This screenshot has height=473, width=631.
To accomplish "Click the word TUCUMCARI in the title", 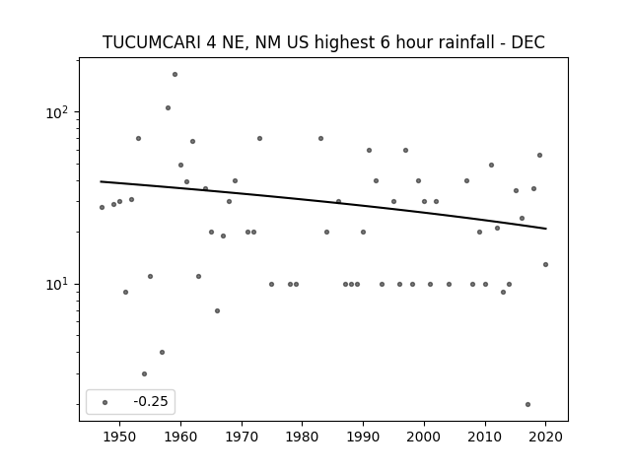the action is point(151,42).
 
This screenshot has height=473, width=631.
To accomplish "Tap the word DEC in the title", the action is point(527,42).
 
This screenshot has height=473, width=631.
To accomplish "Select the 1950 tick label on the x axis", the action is point(119,437).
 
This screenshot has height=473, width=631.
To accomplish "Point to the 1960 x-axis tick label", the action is point(180,437).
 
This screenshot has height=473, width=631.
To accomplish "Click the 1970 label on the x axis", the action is point(242,437).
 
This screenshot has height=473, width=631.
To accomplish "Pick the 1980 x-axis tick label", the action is point(302,437).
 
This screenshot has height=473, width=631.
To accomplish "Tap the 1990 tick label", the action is point(363,437).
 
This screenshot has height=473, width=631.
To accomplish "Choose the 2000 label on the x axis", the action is point(424,437).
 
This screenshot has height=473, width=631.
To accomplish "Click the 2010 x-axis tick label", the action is point(485,437).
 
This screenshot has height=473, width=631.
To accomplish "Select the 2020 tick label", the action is point(545,437).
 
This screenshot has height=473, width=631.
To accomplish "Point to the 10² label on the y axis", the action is point(58,112).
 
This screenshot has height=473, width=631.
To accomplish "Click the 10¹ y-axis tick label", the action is point(58,285).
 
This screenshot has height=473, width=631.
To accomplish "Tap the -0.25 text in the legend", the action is point(151,401).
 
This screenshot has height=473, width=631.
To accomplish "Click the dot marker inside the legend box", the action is point(105,402).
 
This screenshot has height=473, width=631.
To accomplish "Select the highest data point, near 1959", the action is point(175,75).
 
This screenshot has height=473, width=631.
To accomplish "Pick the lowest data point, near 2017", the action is point(527,405).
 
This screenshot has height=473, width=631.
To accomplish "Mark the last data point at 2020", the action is point(545,265).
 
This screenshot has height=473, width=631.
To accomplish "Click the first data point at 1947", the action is point(102,208).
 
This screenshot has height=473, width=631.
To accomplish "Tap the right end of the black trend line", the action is point(546,229).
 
